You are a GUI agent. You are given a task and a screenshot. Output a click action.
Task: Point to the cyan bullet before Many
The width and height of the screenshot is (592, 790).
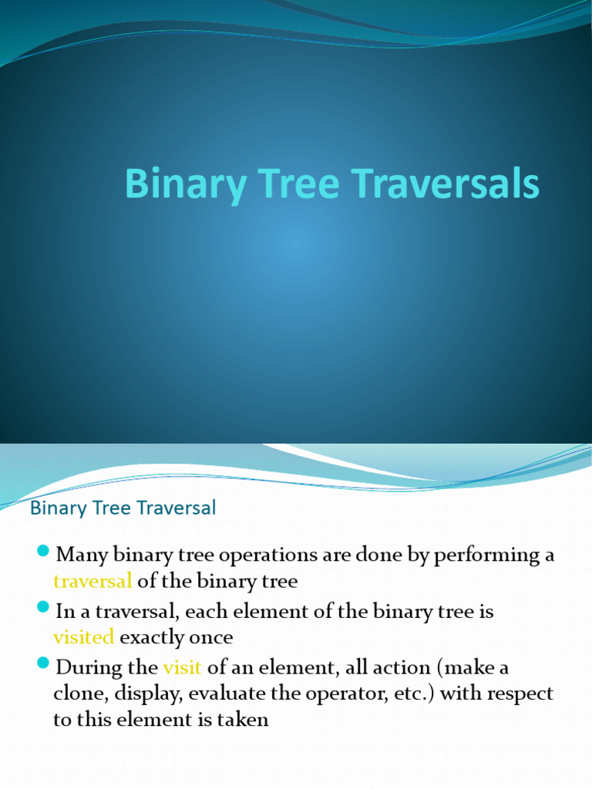[x=43, y=552]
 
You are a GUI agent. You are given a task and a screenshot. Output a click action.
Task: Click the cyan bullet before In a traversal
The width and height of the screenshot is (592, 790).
[x=43, y=609]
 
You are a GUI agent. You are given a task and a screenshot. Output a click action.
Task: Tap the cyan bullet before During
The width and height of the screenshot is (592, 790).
[x=43, y=665]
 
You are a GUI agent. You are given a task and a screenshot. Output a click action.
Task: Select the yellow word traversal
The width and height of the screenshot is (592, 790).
[x=92, y=581]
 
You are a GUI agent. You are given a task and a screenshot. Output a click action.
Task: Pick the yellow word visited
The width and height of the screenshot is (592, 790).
[x=83, y=637]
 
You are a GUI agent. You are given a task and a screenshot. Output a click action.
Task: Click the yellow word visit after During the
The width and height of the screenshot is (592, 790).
[x=182, y=667]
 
